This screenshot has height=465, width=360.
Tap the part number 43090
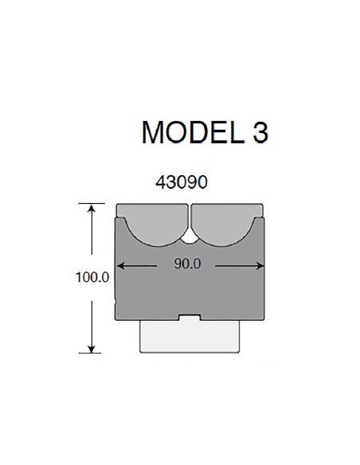(182, 182)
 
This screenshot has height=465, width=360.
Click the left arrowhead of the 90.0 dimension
(122, 266)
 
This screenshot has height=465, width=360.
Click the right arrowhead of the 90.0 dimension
(259, 266)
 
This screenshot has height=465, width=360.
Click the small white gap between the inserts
(190, 236)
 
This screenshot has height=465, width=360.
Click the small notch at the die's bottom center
(190, 319)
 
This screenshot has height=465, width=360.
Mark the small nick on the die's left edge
(116, 302)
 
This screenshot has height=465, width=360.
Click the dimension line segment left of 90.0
(147, 266)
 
